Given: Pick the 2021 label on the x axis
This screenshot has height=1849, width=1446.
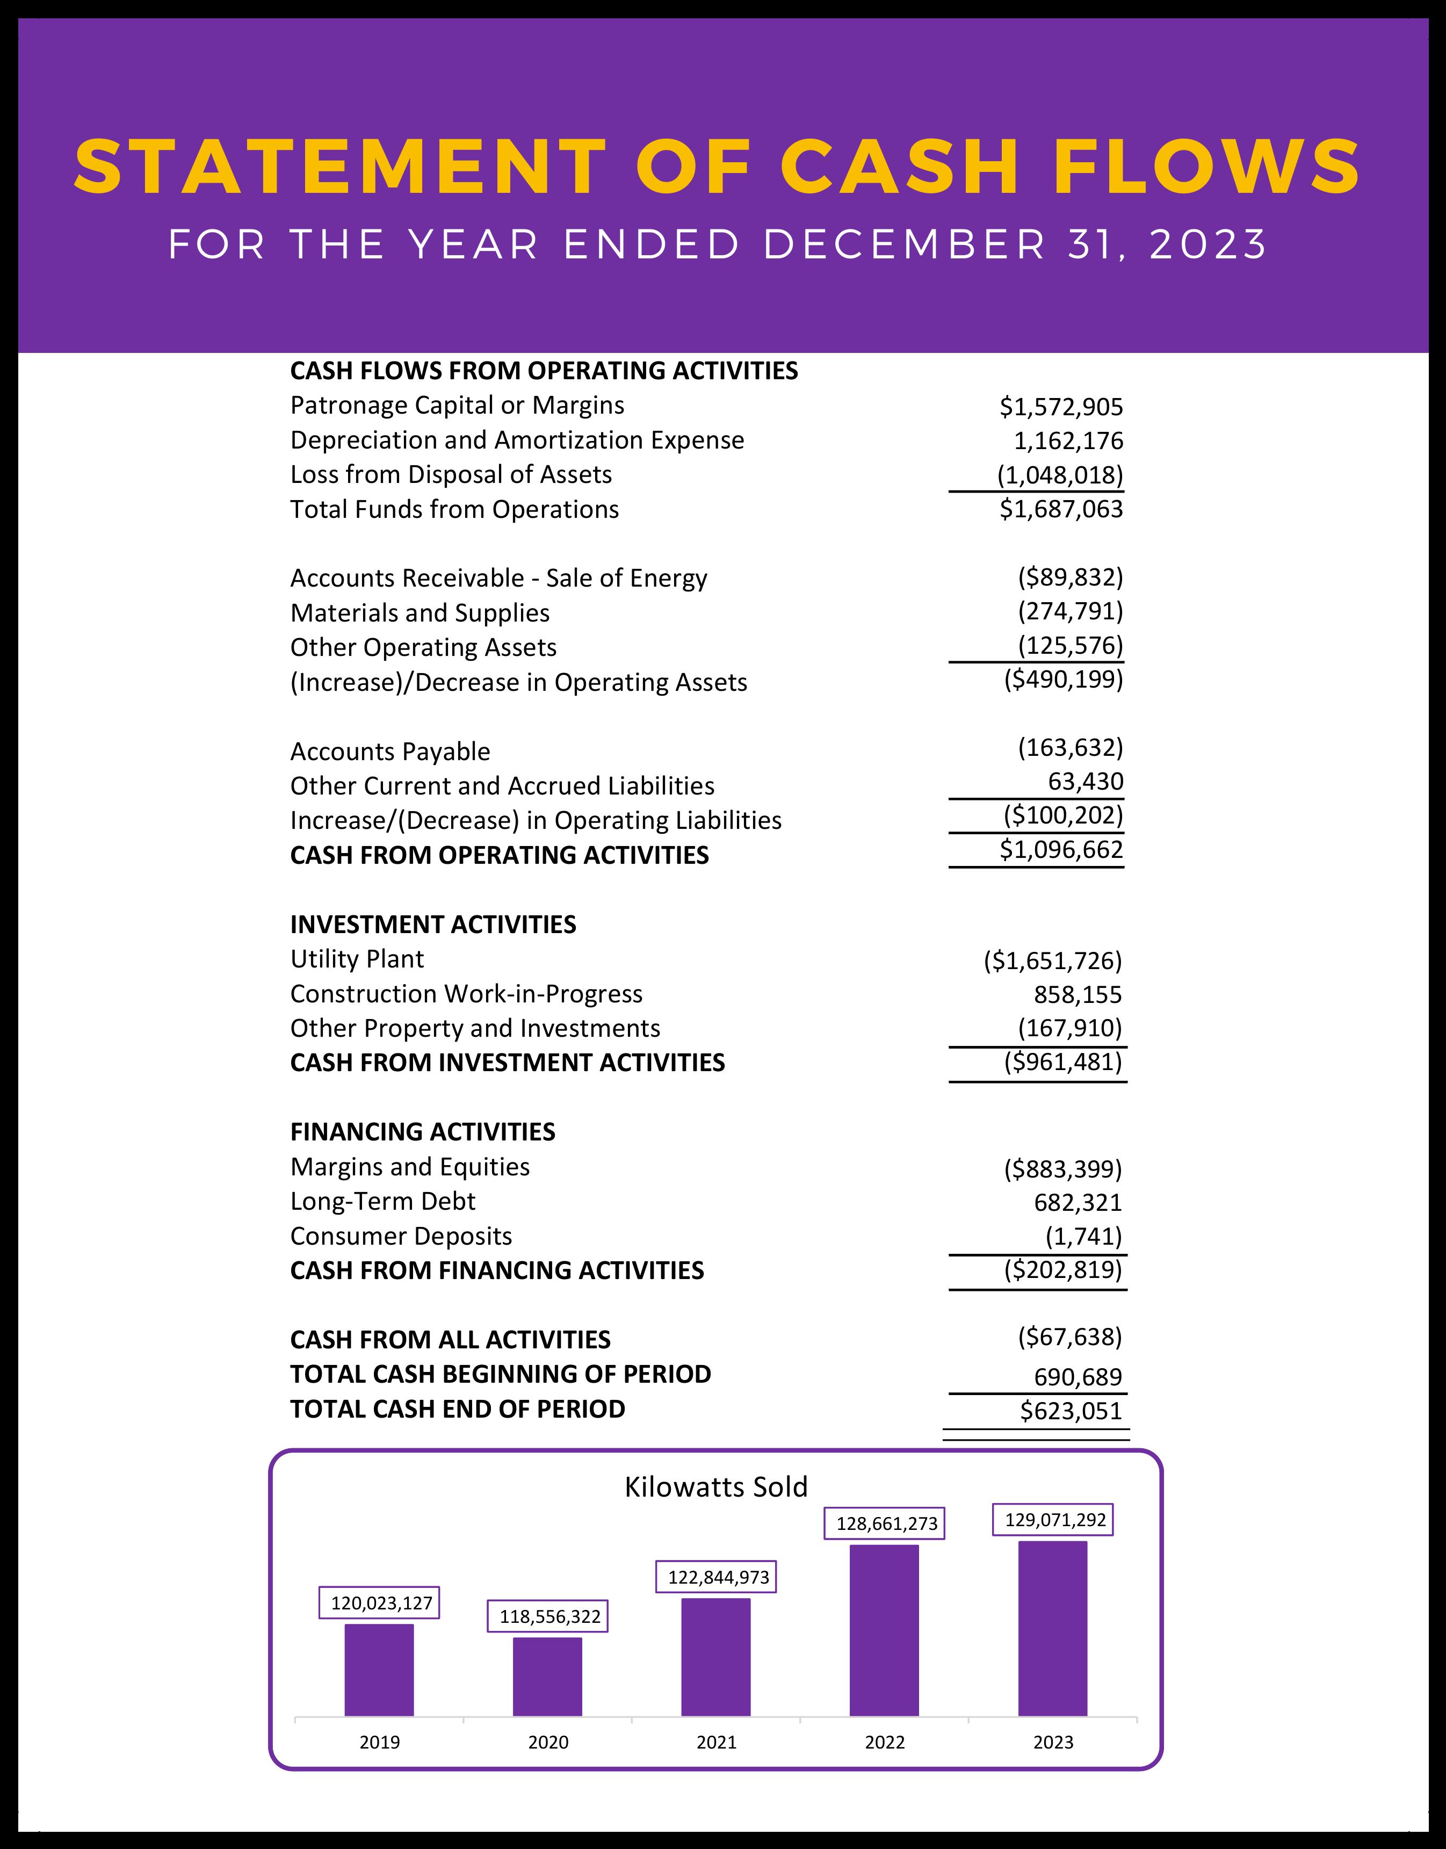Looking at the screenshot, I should click(x=716, y=1742).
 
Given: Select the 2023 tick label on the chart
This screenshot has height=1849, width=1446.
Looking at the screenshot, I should click(x=1053, y=1742).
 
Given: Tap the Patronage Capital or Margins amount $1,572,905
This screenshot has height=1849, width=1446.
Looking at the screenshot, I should click(x=1061, y=407).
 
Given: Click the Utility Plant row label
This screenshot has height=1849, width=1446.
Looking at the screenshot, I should click(x=357, y=959).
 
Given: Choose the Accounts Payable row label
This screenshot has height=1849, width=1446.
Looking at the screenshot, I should click(x=391, y=752).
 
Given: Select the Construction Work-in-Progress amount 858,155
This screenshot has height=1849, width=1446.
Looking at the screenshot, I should click(x=1077, y=995).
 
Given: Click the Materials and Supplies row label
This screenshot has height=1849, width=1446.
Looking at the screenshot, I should click(x=420, y=613).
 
